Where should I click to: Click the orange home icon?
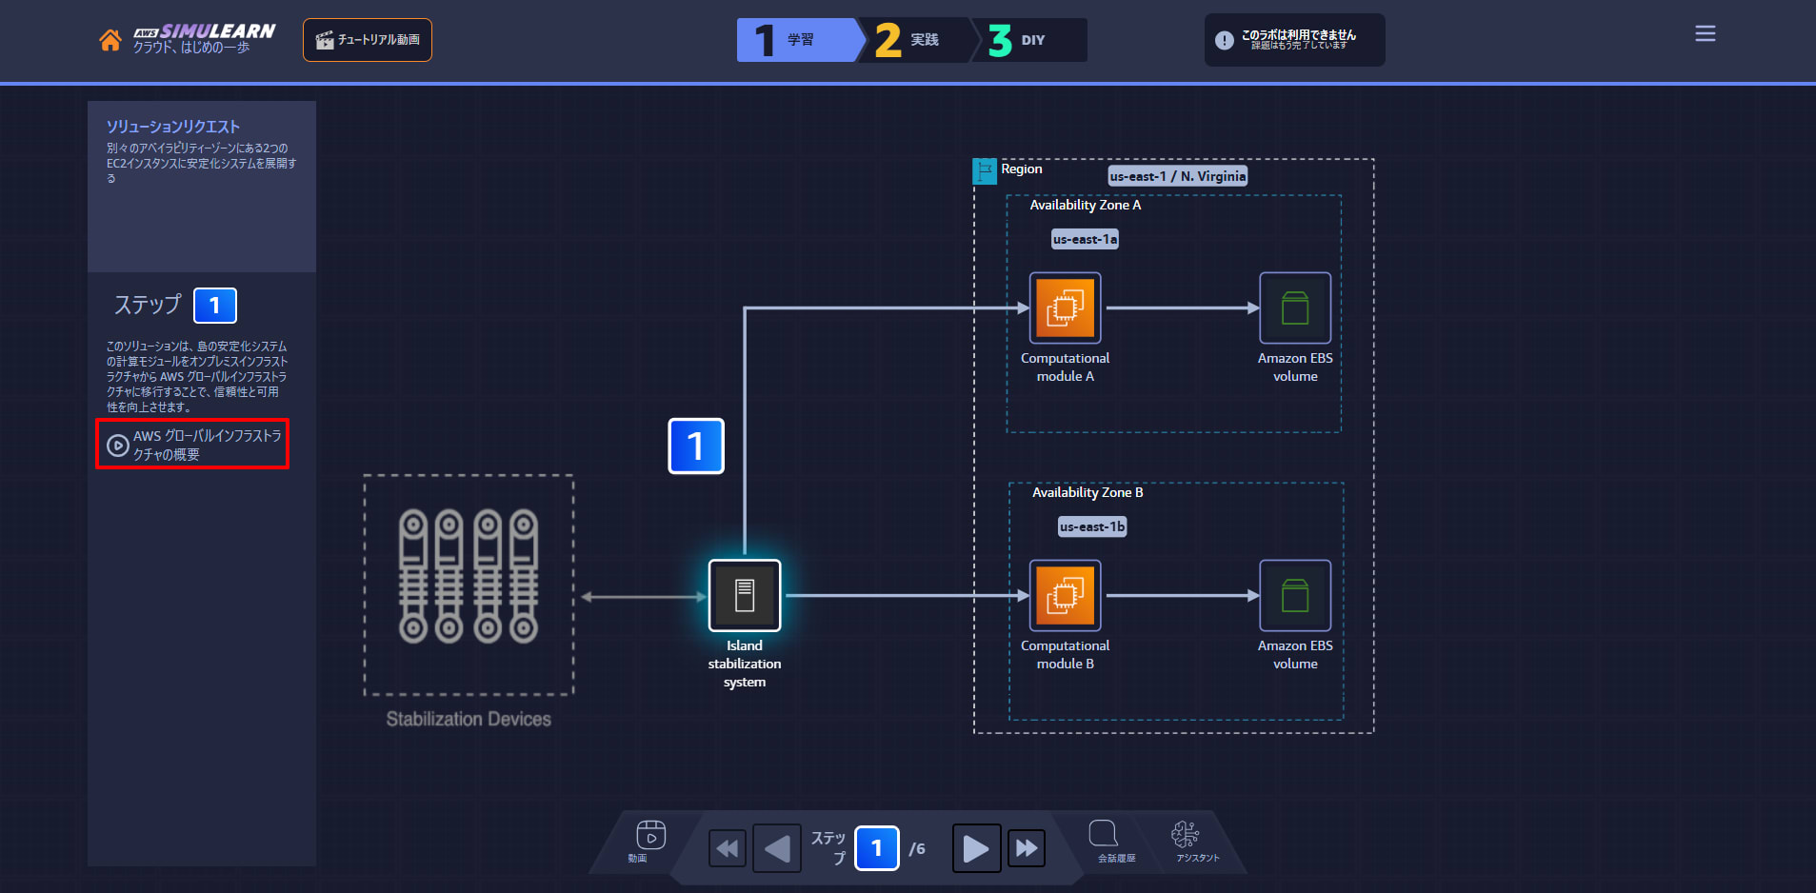pyautogui.click(x=110, y=40)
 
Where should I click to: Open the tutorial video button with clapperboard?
pyautogui.click(x=368, y=40)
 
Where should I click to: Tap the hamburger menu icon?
pyautogui.click(x=1706, y=34)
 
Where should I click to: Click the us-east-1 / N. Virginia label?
pyautogui.click(x=1178, y=176)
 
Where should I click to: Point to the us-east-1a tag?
pyautogui.click(x=1085, y=239)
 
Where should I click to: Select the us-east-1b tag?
pyautogui.click(x=1092, y=526)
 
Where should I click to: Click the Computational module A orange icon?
pyautogui.click(x=1065, y=308)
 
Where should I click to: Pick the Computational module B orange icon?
pyautogui.click(x=1065, y=595)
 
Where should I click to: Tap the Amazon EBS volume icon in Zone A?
pyautogui.click(x=1295, y=308)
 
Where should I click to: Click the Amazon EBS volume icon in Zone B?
pyautogui.click(x=1295, y=595)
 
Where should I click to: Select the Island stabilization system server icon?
pyautogui.click(x=745, y=595)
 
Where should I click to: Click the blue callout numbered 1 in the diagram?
pyautogui.click(x=696, y=446)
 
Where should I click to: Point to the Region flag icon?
pyautogui.click(x=985, y=171)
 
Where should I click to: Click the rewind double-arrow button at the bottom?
pyautogui.click(x=728, y=848)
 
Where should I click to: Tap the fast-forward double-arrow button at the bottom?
pyautogui.click(x=1027, y=848)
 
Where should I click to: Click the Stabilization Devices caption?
pyautogui.click(x=469, y=719)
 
